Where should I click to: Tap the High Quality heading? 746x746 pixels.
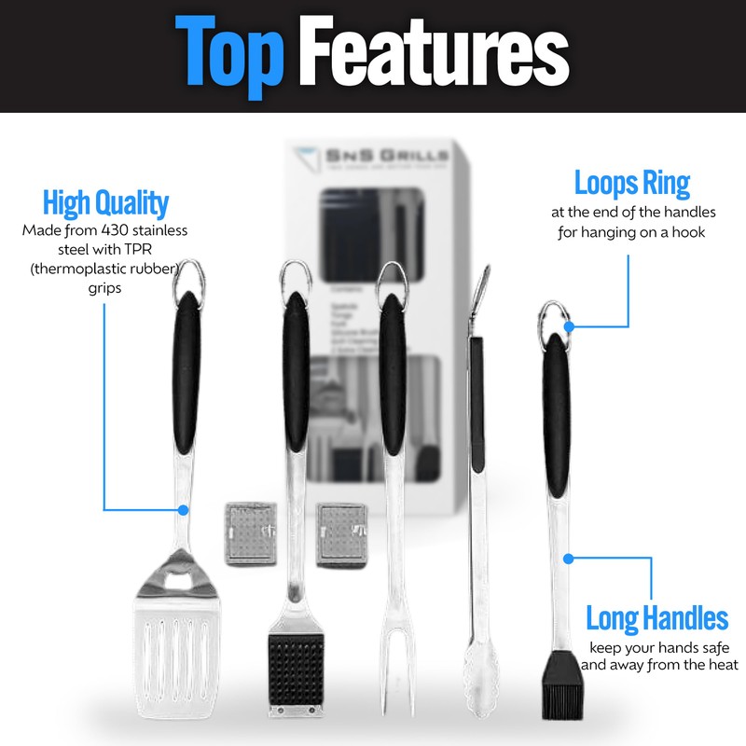tap(105, 203)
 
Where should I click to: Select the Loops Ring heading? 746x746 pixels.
tap(631, 183)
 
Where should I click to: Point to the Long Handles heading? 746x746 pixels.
tap(656, 617)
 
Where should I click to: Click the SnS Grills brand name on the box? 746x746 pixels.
tap(380, 160)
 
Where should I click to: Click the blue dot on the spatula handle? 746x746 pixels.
tap(183, 510)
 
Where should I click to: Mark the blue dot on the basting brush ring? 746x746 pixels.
tap(569, 327)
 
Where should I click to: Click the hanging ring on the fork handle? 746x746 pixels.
tap(392, 279)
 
